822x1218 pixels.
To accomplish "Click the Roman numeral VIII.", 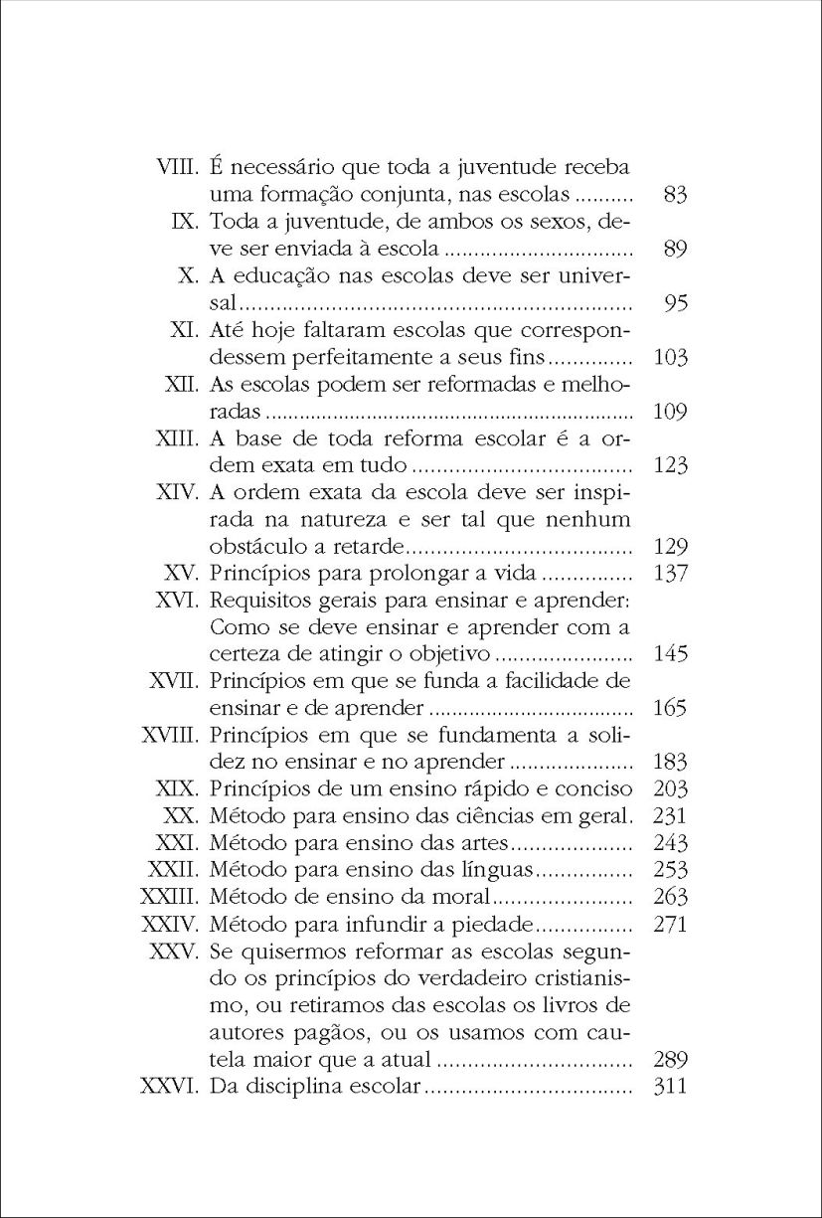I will coord(180,167).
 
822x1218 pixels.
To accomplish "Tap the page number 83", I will coord(675,195).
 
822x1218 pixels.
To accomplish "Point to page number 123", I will coord(672,465).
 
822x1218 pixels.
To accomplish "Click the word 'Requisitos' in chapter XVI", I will coord(261,600).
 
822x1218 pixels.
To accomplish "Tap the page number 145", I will coord(672,654).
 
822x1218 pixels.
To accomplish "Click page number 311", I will coord(672,1086).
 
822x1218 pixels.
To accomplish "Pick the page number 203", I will coord(672,789).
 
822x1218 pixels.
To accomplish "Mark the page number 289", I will coord(672,1059).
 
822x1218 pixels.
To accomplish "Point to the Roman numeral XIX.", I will coord(180,789).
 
